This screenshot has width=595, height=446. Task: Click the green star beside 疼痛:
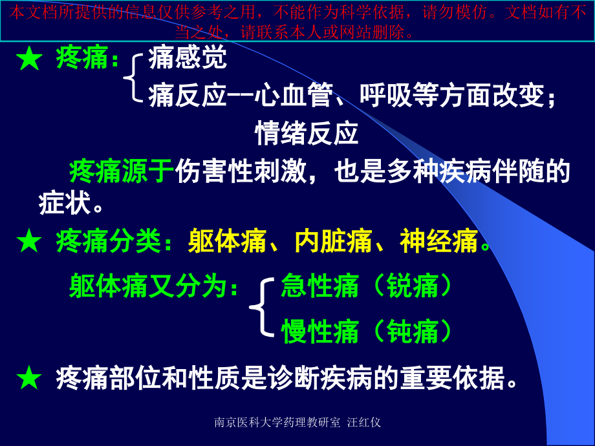pyautogui.click(x=29, y=59)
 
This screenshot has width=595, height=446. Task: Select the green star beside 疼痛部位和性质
pyautogui.click(x=29, y=378)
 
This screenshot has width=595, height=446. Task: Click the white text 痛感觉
pyautogui.click(x=188, y=58)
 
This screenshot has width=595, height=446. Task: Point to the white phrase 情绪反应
pyautogui.click(x=307, y=134)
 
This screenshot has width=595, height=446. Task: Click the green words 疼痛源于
pyautogui.click(x=122, y=172)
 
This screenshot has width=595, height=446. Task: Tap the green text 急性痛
pyautogui.click(x=320, y=286)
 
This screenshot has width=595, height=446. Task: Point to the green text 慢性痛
pyautogui.click(x=320, y=332)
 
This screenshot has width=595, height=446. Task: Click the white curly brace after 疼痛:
pyautogui.click(x=133, y=78)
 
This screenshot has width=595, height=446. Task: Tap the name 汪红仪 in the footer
pyautogui.click(x=364, y=423)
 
